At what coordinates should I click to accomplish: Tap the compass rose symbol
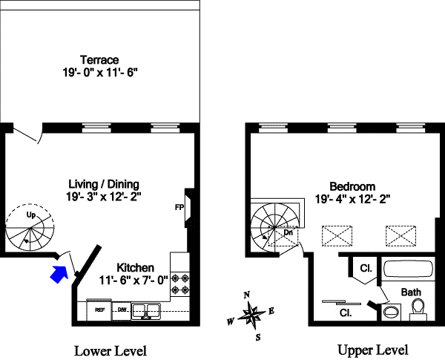(252, 316)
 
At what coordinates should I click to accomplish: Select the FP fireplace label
(179, 207)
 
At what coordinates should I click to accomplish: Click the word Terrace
(100, 60)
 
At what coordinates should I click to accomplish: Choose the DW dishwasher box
(122, 309)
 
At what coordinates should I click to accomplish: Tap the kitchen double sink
(148, 310)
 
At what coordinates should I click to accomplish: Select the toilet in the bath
(417, 307)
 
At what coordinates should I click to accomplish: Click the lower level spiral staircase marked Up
(30, 229)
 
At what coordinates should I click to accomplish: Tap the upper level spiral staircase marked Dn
(276, 222)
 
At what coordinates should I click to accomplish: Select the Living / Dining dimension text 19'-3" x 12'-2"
(103, 197)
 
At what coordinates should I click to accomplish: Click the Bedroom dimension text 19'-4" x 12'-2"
(353, 199)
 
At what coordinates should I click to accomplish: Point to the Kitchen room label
(135, 267)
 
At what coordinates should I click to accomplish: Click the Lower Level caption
(111, 350)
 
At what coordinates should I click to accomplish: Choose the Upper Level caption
(372, 350)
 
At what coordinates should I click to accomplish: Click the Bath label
(411, 292)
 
